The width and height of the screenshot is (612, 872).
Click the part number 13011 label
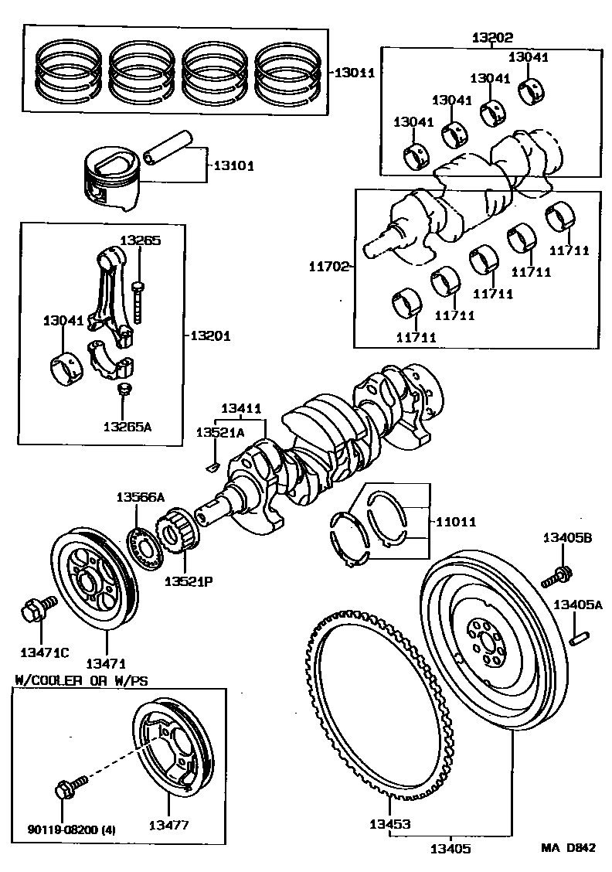point(354,73)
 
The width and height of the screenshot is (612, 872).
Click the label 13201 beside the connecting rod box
point(210,336)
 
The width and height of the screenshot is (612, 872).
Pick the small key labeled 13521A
point(214,466)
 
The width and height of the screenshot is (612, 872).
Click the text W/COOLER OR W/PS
point(81,680)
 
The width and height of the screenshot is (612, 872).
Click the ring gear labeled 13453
point(379,703)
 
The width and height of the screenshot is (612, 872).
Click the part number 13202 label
point(491,37)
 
